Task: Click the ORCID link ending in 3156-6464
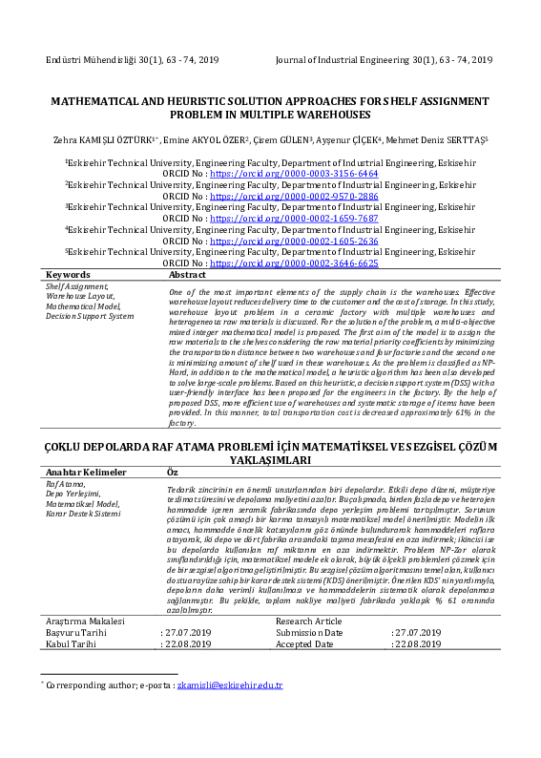293,175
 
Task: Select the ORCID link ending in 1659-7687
293,219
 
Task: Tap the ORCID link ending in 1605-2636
293,241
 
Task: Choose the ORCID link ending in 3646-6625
293,263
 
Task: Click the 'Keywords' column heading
68,274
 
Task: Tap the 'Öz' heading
173,473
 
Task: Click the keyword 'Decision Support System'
90,315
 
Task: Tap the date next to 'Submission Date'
416,633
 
